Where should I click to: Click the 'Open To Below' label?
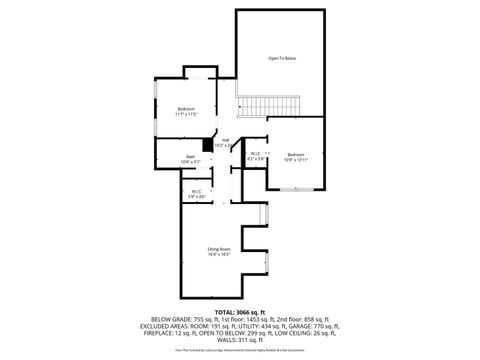pyautogui.click(x=281, y=59)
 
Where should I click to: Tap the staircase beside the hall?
pyautogui.click(x=271, y=105)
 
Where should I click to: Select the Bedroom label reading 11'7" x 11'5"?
pyautogui.click(x=186, y=111)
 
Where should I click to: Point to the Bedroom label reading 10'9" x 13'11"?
pyautogui.click(x=295, y=156)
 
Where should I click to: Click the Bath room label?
pyautogui.click(x=190, y=158)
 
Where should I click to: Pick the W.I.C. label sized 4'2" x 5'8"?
pyautogui.click(x=256, y=156)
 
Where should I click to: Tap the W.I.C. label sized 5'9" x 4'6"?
pyautogui.click(x=196, y=194)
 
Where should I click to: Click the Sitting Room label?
pyautogui.click(x=218, y=251)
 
